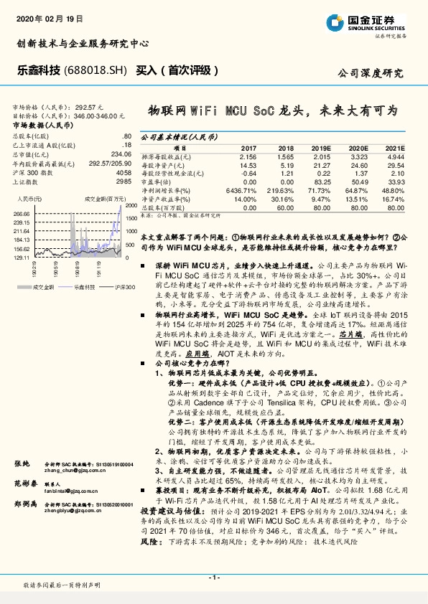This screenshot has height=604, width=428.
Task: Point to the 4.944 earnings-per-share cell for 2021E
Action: pos(396,156)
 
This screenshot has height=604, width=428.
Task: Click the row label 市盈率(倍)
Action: pos(159,182)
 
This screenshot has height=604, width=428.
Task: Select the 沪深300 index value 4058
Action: pos(124,173)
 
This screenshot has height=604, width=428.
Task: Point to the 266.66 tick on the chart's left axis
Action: pos(22,214)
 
